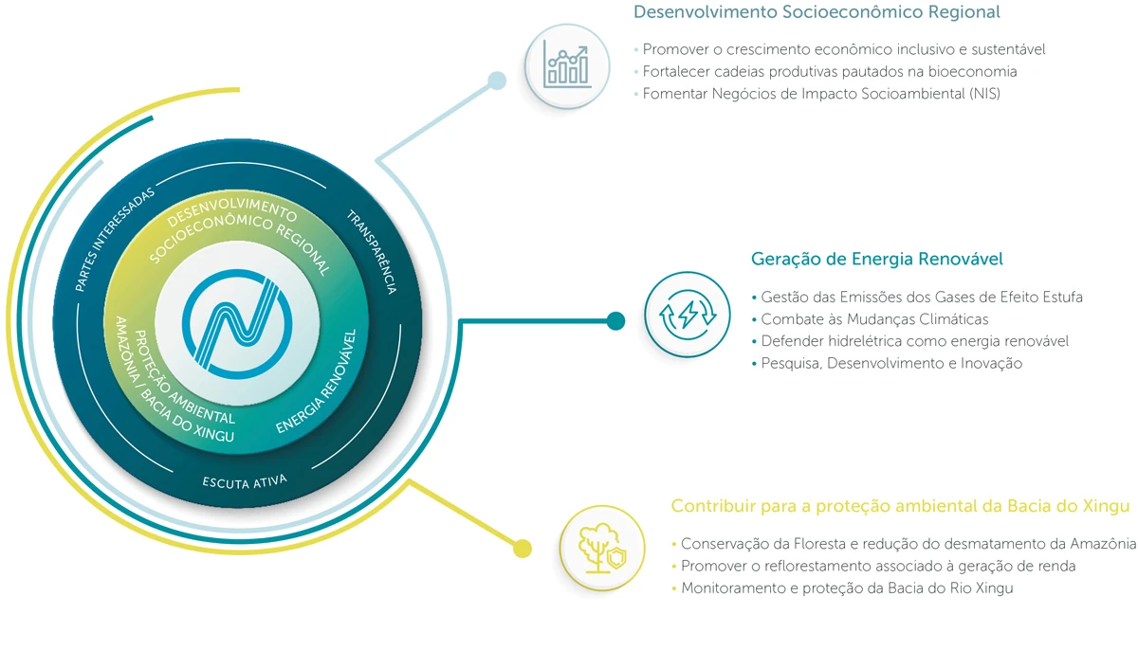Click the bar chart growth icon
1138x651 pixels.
(x=567, y=65)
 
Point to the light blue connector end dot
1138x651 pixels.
(x=497, y=81)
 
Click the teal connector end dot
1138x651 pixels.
(x=615, y=320)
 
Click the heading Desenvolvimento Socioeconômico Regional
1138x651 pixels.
(x=817, y=13)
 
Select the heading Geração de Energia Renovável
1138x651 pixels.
(x=876, y=259)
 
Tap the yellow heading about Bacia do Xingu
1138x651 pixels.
(x=900, y=506)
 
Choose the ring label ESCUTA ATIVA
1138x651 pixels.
(x=245, y=481)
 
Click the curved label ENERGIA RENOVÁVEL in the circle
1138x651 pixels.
(x=318, y=384)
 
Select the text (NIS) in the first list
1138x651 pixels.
(x=982, y=94)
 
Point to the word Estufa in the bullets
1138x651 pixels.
(x=1060, y=298)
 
